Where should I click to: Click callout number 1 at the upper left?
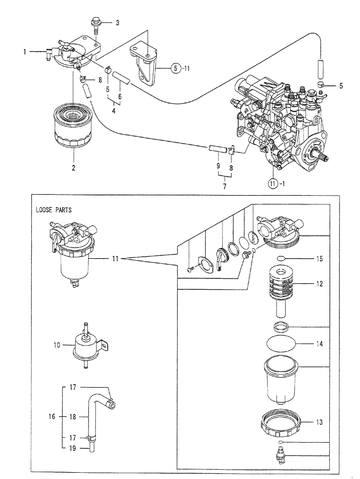[23, 52]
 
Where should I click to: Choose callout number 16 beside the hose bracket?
[53, 417]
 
